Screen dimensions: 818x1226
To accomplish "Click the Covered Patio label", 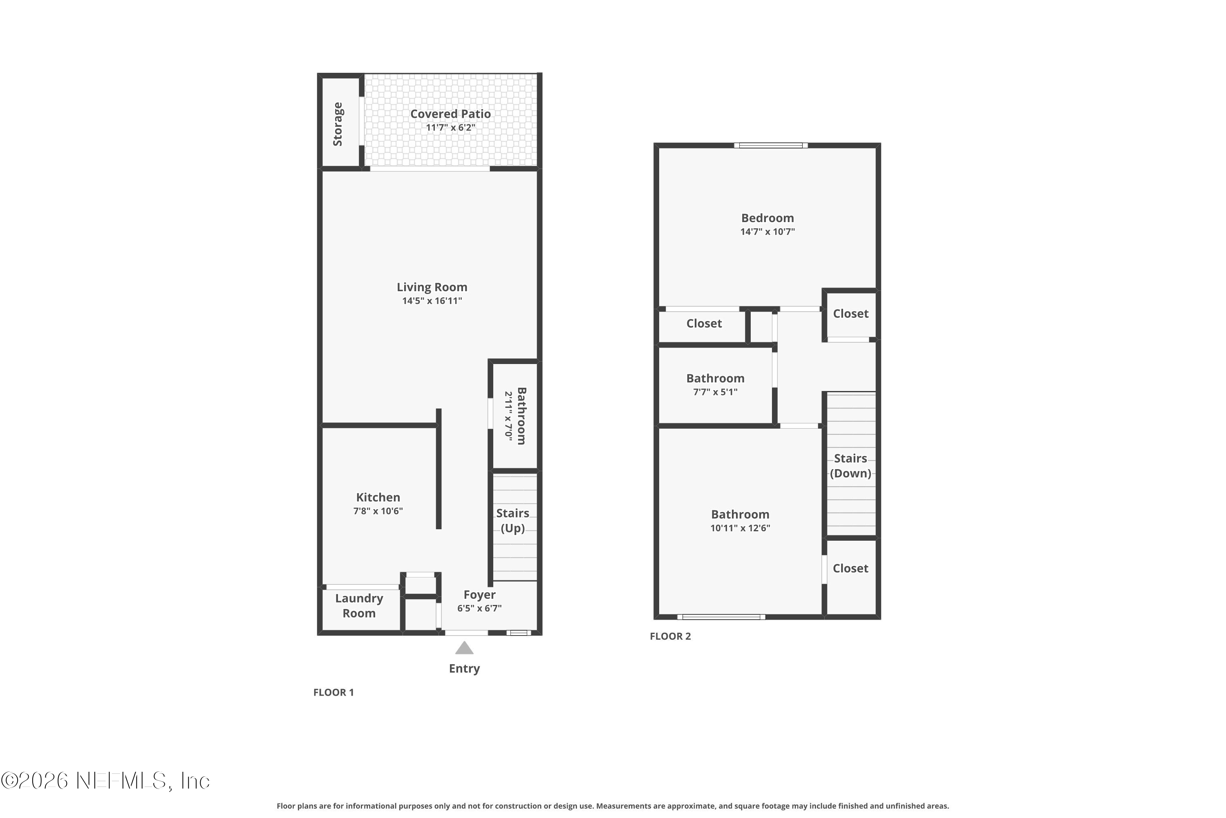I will pos(450,114).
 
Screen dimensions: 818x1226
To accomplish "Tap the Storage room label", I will pos(338,124).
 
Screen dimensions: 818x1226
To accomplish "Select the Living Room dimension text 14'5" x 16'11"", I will pos(432,301).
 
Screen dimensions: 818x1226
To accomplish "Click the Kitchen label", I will pos(378,497).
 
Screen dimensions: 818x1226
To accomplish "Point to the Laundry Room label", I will pos(359,606).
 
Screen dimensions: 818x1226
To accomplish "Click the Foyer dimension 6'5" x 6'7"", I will pos(479,608).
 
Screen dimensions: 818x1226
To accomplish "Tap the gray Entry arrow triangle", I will pos(464,648).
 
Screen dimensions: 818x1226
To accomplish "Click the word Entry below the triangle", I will pos(464,669).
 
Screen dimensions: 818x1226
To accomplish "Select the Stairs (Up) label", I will pos(512,521).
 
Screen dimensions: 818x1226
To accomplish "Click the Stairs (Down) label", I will pos(850,466).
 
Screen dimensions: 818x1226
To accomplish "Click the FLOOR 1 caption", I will pos(333,692).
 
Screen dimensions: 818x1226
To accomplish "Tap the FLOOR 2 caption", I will pos(670,636).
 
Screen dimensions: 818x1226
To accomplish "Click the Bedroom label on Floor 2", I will pos(767,218).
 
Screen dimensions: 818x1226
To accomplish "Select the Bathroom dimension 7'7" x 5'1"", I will pos(715,392).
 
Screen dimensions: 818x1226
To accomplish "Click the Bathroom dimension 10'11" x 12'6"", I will pos(740,528).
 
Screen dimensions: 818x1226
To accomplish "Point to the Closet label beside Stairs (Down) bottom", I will pos(850,568).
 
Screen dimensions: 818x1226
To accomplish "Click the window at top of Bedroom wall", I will pos(770,146).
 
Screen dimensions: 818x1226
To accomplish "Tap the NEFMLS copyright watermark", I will pos(105,781).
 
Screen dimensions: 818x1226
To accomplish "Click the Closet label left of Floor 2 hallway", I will pos(704,324).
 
